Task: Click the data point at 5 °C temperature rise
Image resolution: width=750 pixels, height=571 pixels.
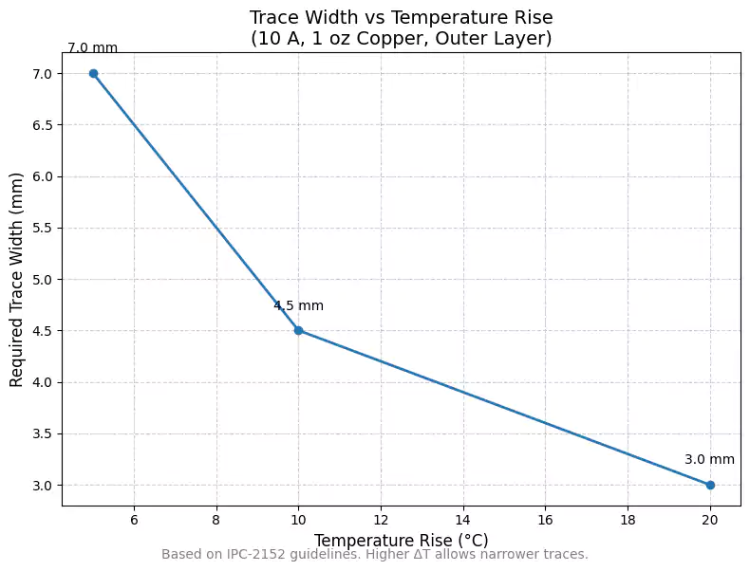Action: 93,73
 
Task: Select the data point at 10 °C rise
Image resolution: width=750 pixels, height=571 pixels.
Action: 298,330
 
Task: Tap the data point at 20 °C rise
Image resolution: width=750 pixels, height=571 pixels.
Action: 710,485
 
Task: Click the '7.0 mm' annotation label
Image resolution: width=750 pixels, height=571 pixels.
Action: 92,48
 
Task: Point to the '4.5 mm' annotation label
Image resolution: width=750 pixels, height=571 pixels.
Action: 298,305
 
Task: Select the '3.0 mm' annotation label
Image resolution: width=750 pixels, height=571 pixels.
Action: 709,460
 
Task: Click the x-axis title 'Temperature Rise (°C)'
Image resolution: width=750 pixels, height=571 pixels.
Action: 401,540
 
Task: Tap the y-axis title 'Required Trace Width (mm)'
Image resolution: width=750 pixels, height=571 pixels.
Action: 16,279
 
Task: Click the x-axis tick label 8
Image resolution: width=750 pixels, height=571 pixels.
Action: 216,520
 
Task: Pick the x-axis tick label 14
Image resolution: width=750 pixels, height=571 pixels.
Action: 463,520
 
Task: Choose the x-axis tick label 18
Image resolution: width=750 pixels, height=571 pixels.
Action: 628,520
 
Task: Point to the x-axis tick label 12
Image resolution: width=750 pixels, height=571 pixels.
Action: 381,520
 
